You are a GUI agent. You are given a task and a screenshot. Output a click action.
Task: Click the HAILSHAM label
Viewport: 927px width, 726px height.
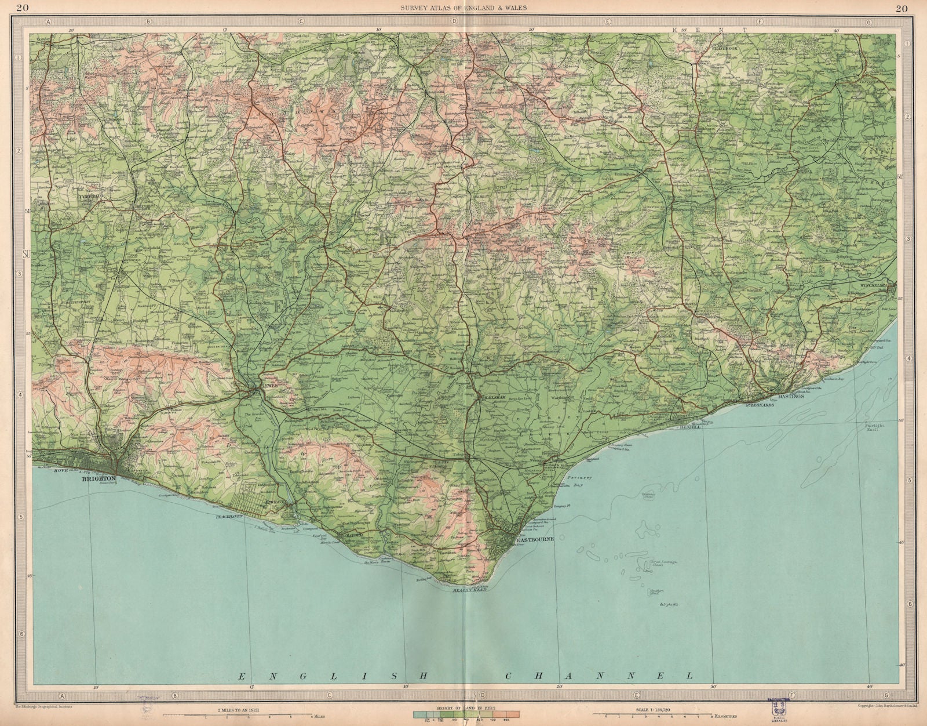(x=495, y=397)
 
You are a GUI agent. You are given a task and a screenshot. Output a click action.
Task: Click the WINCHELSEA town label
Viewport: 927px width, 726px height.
(x=878, y=285)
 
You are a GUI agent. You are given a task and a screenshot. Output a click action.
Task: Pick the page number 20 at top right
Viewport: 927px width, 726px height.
(x=902, y=8)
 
